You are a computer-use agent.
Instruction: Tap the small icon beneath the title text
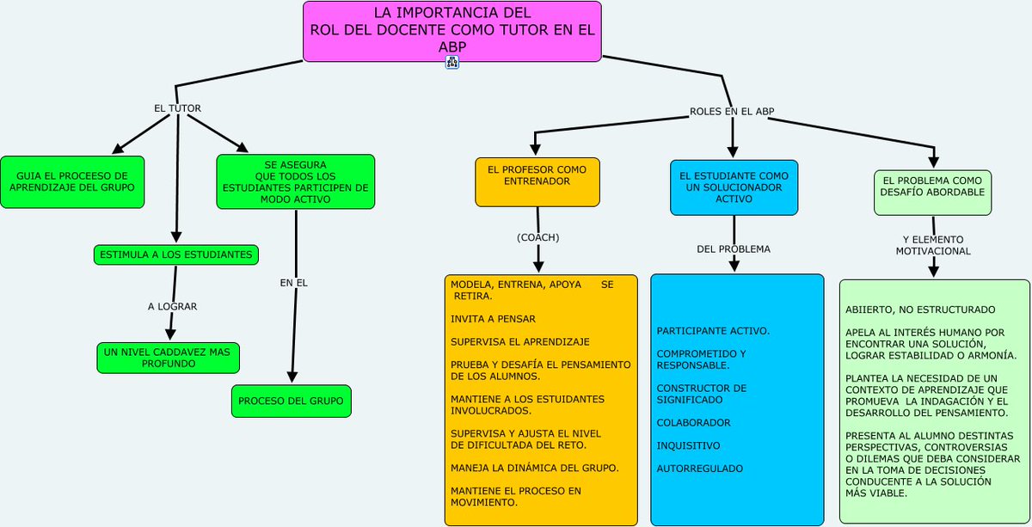pos(451,62)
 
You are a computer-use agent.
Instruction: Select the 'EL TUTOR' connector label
pos(177,108)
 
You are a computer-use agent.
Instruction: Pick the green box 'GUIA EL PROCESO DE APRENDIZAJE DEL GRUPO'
pos(72,181)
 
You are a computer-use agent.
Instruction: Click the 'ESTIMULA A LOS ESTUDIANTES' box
pos(176,254)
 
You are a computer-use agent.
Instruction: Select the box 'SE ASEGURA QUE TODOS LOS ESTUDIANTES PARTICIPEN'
pos(295,181)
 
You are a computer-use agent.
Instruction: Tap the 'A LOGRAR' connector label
pos(173,306)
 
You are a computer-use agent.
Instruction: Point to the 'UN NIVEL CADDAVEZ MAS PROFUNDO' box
pos(168,358)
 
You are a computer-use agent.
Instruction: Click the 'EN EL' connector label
pos(293,282)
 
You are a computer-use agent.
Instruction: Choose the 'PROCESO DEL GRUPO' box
pos(291,401)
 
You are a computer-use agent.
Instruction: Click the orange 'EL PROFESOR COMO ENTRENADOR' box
pos(537,181)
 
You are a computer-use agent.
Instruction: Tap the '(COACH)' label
pos(538,237)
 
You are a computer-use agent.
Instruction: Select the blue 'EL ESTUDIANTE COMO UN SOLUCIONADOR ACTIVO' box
pos(734,187)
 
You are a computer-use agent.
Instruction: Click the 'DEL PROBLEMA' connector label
pos(734,249)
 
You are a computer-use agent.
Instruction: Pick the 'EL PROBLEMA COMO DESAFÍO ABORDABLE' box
pos(932,192)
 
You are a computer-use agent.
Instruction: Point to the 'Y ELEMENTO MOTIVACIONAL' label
pos(933,245)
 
